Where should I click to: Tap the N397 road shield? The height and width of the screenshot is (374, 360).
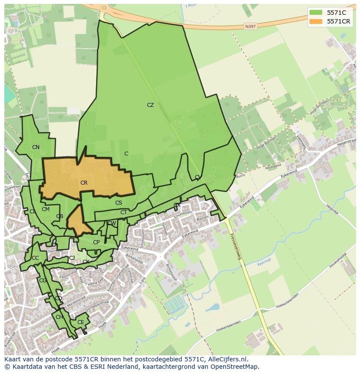(250, 26)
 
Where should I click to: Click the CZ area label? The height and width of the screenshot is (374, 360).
(150, 105)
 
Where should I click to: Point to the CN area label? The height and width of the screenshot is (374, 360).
(36, 147)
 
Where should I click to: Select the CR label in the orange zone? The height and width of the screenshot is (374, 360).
(84, 183)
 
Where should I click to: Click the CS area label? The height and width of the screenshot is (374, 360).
(119, 203)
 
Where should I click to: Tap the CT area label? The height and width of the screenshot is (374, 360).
(123, 212)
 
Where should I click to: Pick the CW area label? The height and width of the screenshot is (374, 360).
(112, 223)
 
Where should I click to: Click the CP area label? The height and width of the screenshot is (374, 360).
(96, 242)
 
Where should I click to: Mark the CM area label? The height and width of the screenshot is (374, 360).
(46, 209)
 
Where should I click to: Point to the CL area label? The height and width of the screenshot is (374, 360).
(33, 212)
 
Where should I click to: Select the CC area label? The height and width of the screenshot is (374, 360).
(35, 258)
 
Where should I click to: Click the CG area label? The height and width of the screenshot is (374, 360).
(43, 281)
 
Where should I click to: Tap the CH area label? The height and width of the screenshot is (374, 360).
(59, 317)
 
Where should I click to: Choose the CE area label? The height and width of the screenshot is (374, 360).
(80, 322)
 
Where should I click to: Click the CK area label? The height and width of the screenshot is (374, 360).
(86, 262)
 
